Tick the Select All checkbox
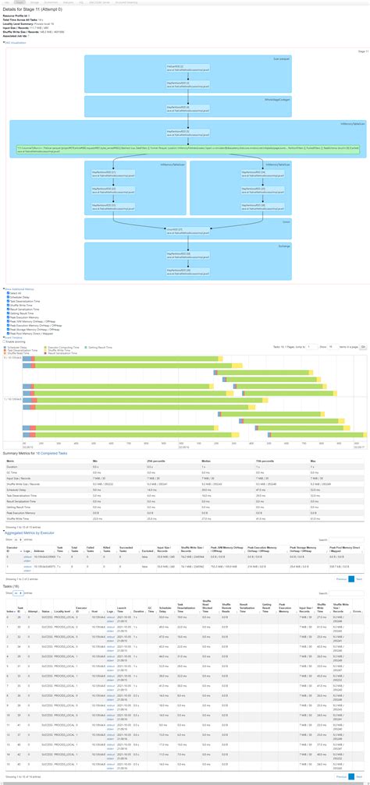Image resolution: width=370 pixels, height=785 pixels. tap(7, 293)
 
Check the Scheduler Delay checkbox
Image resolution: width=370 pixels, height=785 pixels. tap(7, 298)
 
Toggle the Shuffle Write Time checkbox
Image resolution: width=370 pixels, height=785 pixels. tap(7, 306)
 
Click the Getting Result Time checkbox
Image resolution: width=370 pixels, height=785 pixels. tap(7, 315)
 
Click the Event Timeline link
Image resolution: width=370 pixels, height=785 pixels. tap(15, 337)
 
